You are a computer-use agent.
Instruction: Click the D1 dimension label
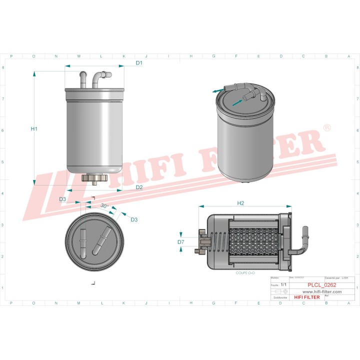click(x=139, y=63)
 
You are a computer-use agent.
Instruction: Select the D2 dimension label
click(x=139, y=187)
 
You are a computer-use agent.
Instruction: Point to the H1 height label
click(x=34, y=129)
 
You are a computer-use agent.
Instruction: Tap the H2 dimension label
click(x=240, y=203)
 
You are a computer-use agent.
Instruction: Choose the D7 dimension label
click(x=181, y=242)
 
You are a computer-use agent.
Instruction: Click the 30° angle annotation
click(x=104, y=205)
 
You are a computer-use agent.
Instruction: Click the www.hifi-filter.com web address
click(x=321, y=291)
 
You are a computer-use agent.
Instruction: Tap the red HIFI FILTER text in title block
click(x=307, y=297)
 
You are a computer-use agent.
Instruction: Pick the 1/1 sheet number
click(x=284, y=284)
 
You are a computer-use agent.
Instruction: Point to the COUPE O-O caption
click(x=245, y=273)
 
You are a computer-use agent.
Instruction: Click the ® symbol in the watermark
click(x=327, y=128)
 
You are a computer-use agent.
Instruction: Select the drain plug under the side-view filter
click(x=94, y=178)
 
